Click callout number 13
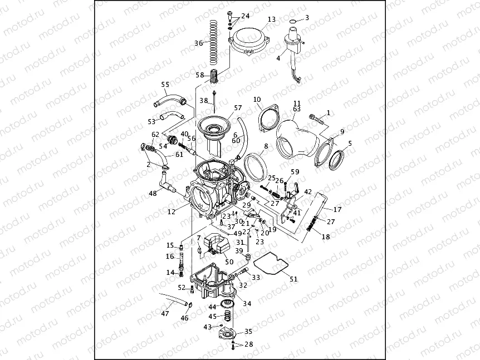tap(271, 19)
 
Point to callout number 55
tap(165, 85)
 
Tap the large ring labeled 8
tap(255, 163)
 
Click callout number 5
tap(349, 144)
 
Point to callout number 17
tap(337, 210)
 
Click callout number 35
tap(248, 331)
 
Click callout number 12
tap(171, 211)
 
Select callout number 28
tap(248, 344)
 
